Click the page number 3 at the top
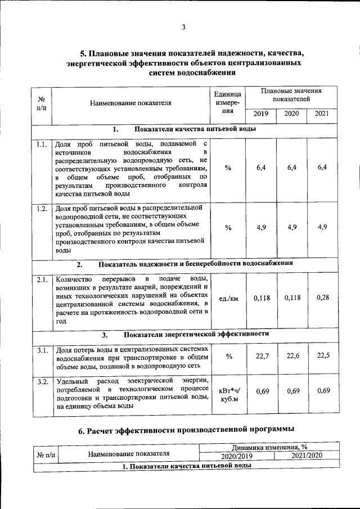183,27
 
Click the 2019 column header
260,114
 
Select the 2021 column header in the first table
321,114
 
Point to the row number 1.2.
40,209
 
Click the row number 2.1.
40,280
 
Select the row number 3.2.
40,382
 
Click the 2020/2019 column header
237,456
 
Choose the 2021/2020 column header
307,456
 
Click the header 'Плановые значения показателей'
291,94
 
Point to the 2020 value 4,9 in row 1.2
291,227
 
